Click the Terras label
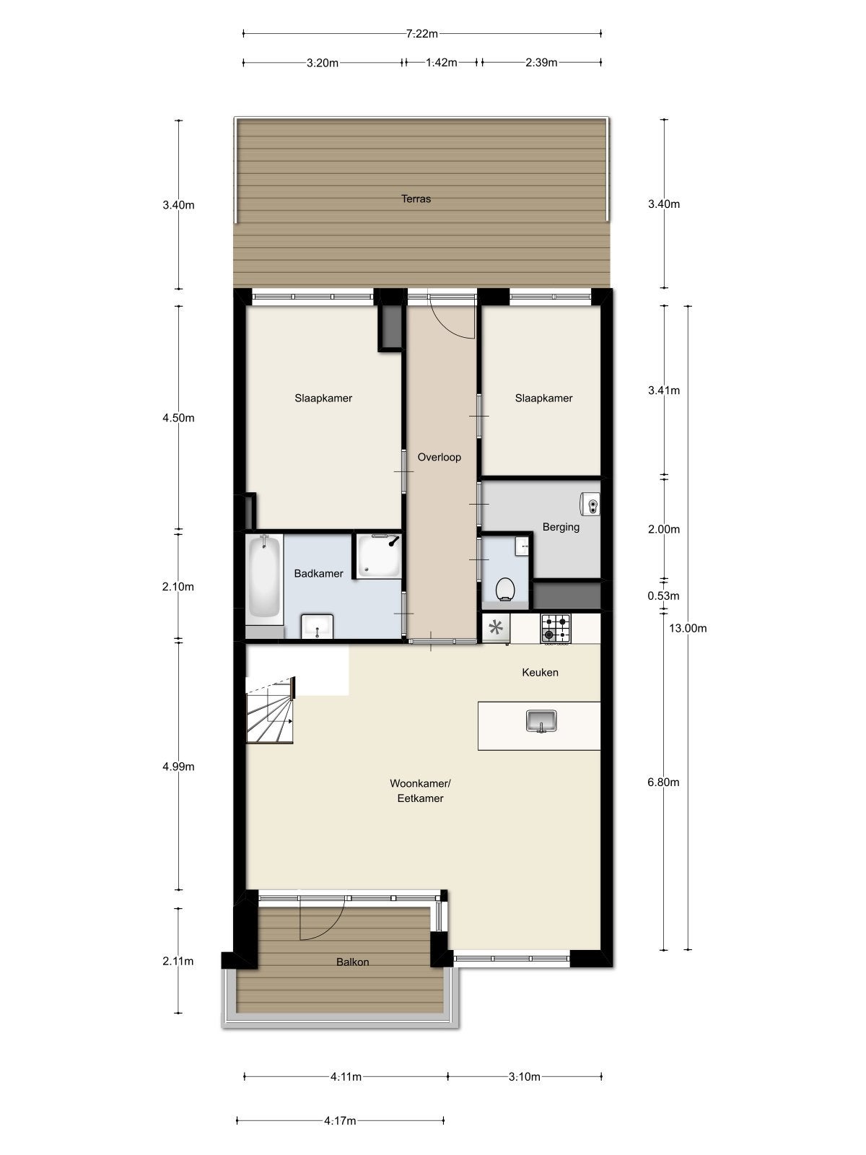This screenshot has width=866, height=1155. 416,199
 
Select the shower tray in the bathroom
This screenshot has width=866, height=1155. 377,556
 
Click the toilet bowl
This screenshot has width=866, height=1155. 505,589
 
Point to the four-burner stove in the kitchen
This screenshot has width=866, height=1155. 556,628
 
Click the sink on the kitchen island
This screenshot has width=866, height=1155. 541,720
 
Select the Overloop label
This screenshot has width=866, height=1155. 439,457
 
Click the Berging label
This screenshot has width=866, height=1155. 561,527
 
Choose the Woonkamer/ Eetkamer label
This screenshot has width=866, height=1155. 420,790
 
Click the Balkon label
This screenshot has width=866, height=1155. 352,962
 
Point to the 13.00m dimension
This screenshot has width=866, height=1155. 688,628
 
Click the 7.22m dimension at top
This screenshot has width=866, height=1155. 422,33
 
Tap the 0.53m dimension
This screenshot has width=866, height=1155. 664,596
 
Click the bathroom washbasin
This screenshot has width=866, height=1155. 316,626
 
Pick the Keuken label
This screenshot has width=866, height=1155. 540,672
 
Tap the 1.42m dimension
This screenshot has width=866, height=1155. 441,63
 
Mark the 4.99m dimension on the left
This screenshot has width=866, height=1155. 178,767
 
